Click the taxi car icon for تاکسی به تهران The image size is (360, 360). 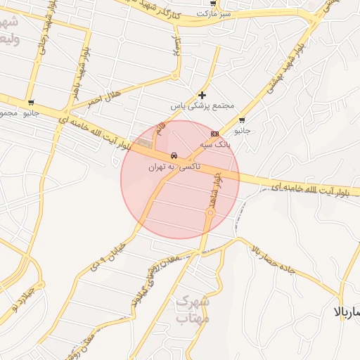173,155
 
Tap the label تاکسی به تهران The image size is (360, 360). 174,167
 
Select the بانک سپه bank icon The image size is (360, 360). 214,133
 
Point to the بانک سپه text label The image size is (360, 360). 214,144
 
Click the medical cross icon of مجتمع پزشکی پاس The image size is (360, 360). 202,94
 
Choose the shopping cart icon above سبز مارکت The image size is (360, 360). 213,3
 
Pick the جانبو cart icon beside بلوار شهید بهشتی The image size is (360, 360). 242,120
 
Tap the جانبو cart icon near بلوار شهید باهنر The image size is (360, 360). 30,102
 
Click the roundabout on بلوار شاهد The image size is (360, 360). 210,212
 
